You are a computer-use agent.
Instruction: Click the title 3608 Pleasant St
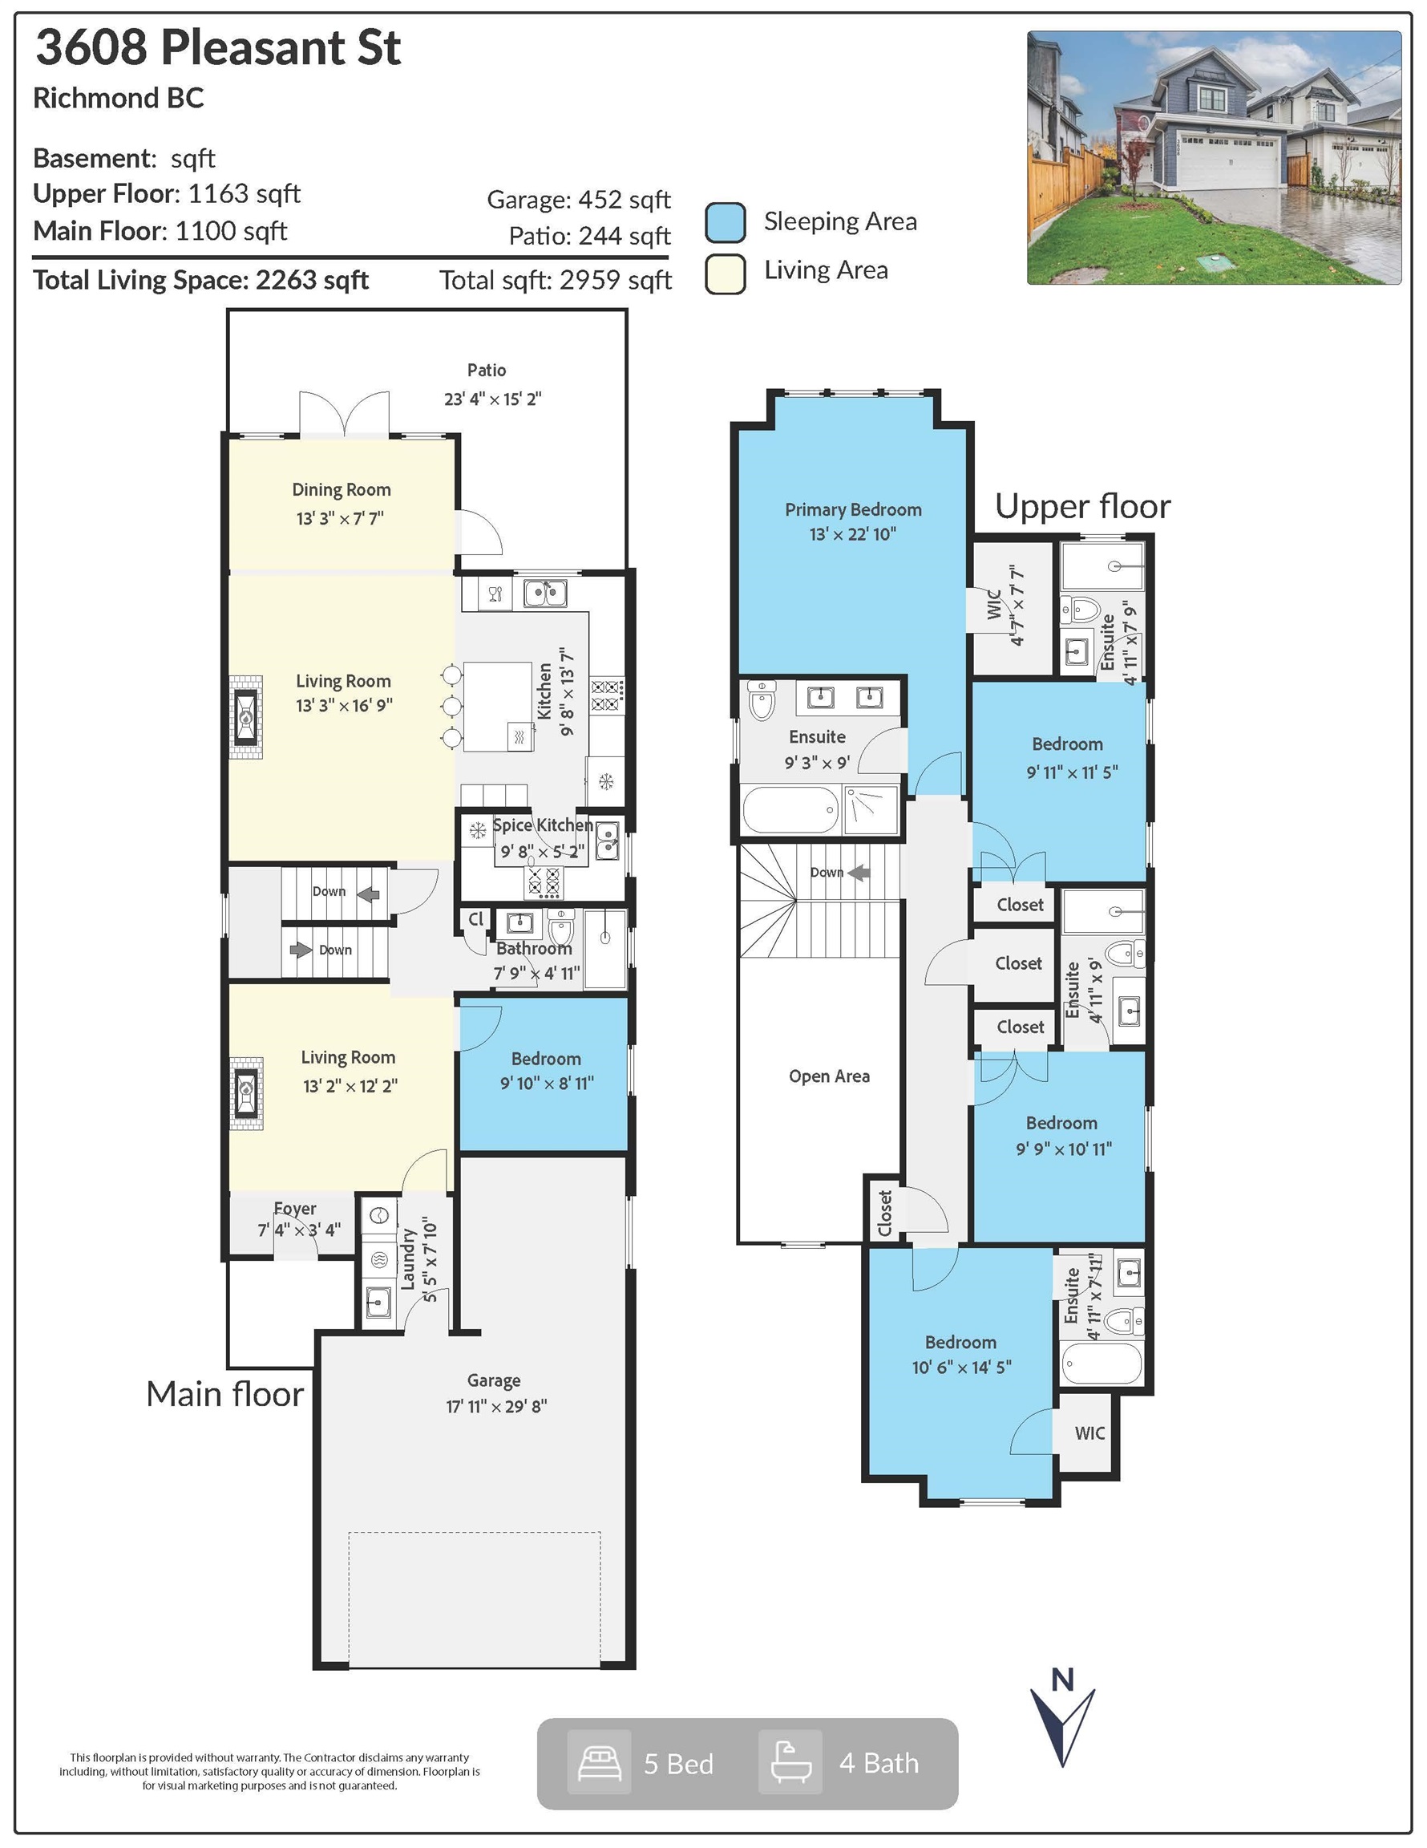click(217, 47)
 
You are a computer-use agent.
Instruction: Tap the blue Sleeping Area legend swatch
click(725, 222)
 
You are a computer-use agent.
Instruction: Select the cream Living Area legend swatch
click(725, 274)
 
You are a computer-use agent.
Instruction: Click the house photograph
click(1214, 157)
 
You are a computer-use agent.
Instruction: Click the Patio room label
click(487, 370)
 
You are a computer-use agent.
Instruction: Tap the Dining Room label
click(341, 489)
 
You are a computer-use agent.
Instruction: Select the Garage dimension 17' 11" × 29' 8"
click(496, 1405)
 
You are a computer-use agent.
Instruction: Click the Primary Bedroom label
click(853, 509)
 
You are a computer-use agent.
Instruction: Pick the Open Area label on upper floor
click(829, 1076)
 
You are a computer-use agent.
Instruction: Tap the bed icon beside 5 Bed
click(599, 1762)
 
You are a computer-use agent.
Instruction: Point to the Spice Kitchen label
click(542, 825)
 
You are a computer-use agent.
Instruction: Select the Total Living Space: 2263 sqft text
click(200, 280)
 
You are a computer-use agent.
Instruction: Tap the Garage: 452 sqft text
click(579, 200)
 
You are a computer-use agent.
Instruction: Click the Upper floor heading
click(1083, 506)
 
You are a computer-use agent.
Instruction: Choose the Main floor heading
click(224, 1393)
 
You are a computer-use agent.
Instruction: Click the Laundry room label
click(410, 1260)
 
